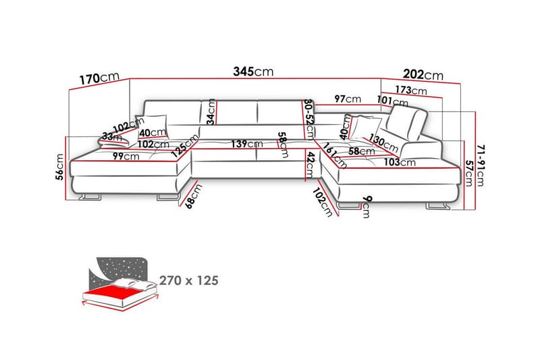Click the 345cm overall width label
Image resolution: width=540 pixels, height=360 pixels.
tap(253, 72)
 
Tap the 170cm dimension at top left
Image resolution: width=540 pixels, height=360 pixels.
tap(99, 78)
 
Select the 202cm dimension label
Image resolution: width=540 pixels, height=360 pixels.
tap(423, 74)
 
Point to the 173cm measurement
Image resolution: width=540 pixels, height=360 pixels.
tap(411, 91)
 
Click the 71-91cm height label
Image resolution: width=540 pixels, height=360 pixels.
tap(481, 165)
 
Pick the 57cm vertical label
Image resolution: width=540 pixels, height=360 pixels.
tap(468, 173)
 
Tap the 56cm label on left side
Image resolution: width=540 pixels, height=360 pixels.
tap(60, 167)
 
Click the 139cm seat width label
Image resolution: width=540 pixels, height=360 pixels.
tap(247, 144)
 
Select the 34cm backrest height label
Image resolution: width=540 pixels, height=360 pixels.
tap(211, 111)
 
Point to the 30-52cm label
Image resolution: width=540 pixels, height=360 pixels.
tap(309, 119)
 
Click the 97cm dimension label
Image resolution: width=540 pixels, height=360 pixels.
tap(348, 99)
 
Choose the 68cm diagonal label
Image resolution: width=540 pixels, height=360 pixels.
tap(194, 197)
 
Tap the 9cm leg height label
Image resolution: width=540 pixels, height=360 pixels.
tap(367, 207)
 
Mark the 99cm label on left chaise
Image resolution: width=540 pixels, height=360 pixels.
tap(126, 156)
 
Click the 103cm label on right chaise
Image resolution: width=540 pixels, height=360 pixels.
tap(400, 162)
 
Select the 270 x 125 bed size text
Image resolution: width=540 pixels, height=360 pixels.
tap(189, 280)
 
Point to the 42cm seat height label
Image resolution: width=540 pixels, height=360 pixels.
tap(310, 165)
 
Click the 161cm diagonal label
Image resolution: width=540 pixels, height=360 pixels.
tap(335, 156)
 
